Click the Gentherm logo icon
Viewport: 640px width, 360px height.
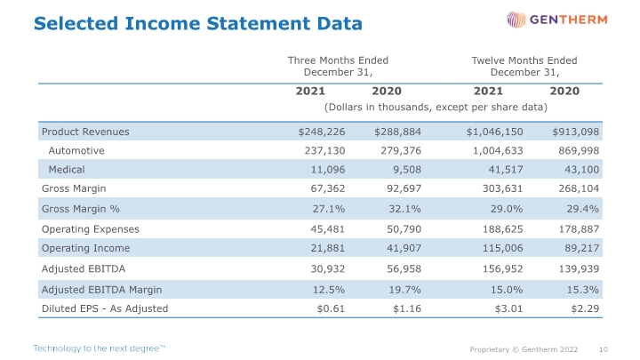point(516,20)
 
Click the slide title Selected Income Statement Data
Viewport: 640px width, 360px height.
point(198,23)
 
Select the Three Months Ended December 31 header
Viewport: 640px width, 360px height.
point(338,66)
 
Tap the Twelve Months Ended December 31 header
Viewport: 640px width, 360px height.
point(524,66)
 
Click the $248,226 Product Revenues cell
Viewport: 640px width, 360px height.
point(322,132)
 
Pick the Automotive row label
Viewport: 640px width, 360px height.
point(76,150)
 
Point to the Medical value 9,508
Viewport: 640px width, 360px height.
point(407,170)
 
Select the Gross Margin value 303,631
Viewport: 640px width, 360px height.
point(502,188)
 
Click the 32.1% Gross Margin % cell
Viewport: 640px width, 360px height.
point(404,209)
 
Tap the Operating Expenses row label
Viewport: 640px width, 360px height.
point(90,229)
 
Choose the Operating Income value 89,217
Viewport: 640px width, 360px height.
point(582,248)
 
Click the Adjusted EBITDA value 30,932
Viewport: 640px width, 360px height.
point(328,269)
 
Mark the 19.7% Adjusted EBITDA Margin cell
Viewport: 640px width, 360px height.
point(404,290)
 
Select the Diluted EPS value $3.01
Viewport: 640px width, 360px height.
point(508,308)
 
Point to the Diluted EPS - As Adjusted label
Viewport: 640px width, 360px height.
point(105,308)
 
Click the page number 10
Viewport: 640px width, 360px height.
point(604,349)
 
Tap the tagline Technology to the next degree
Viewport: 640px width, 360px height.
point(100,348)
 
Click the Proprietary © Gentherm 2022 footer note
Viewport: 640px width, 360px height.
point(524,349)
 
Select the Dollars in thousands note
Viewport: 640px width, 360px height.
point(436,108)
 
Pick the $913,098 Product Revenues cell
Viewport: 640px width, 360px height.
point(575,132)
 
